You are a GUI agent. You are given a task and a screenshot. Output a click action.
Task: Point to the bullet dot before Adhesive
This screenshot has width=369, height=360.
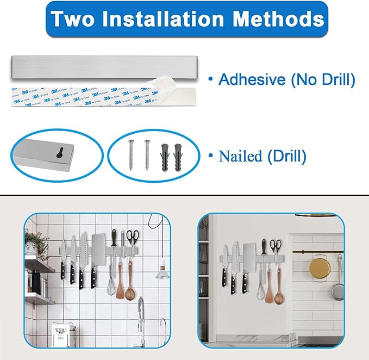pos(210,80)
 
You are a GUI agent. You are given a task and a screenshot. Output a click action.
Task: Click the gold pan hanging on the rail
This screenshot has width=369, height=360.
pos(320,268)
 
